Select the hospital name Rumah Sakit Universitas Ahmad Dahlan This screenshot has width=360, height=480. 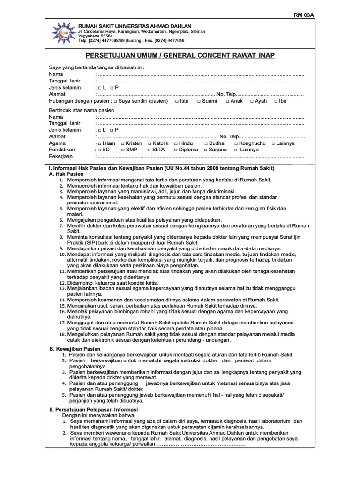click(135, 26)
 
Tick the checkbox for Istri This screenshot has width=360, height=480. click(177, 101)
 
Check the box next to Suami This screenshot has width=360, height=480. click(199, 101)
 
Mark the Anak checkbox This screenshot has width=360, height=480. click(227, 101)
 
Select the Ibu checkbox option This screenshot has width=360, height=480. click(276, 101)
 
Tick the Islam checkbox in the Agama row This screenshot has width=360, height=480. click(99, 143)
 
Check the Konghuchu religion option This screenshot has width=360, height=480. click(236, 143)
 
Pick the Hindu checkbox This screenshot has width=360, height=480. click(176, 143)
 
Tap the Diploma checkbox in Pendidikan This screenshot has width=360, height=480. click(176, 150)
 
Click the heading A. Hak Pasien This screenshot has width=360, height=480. click(66, 174)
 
